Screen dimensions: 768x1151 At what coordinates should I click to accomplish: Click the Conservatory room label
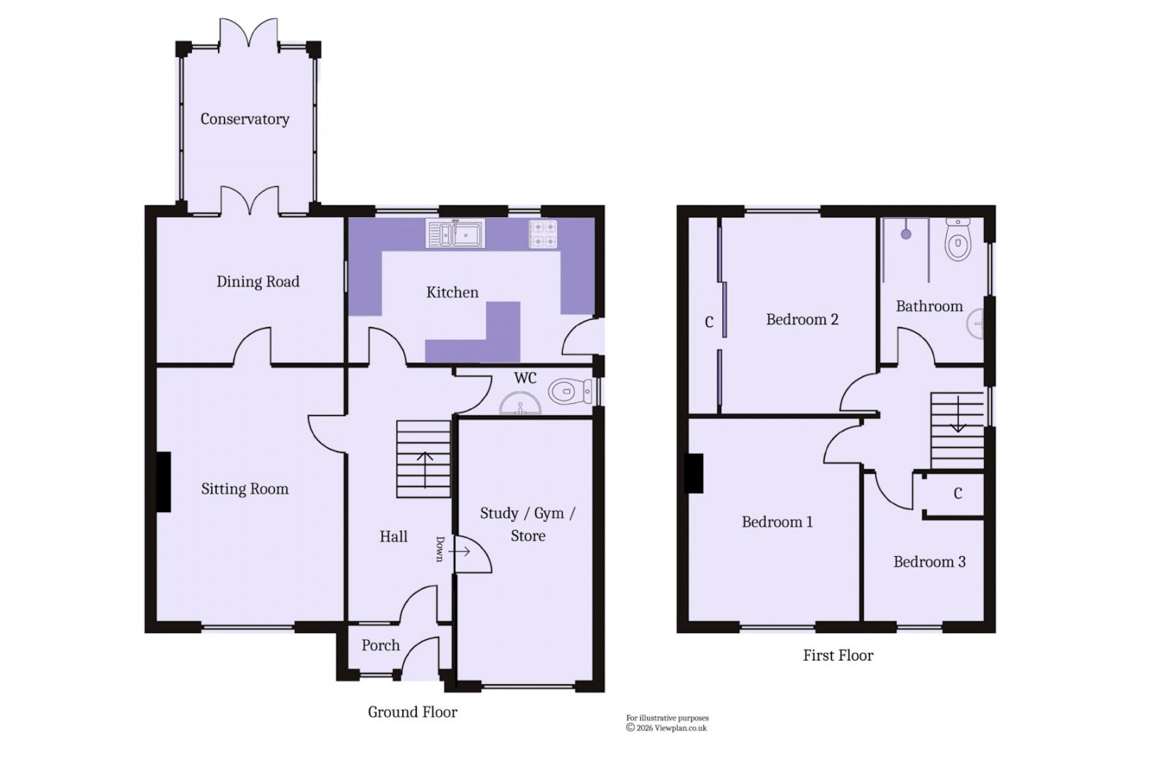click(244, 119)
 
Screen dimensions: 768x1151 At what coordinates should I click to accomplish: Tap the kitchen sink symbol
click(455, 233)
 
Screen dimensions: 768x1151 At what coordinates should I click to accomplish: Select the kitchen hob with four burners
click(543, 235)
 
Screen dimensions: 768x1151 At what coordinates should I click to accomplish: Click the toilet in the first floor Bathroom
click(958, 240)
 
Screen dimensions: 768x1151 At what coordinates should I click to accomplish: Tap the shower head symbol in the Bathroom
click(906, 233)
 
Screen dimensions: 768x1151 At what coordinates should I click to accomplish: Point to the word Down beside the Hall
click(441, 549)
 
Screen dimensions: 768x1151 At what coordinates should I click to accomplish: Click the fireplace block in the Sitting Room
click(163, 482)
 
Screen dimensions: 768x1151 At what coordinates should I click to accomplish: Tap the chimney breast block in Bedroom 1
click(694, 473)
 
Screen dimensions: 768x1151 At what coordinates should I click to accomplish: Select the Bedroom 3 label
click(929, 562)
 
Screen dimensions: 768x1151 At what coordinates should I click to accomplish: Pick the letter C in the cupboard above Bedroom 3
click(958, 494)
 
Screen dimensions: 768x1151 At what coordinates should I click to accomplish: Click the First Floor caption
click(838, 656)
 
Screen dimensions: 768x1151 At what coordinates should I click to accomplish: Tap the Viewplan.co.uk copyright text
click(666, 727)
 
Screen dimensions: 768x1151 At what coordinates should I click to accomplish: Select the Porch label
click(380, 646)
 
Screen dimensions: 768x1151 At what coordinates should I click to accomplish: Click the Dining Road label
click(258, 282)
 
